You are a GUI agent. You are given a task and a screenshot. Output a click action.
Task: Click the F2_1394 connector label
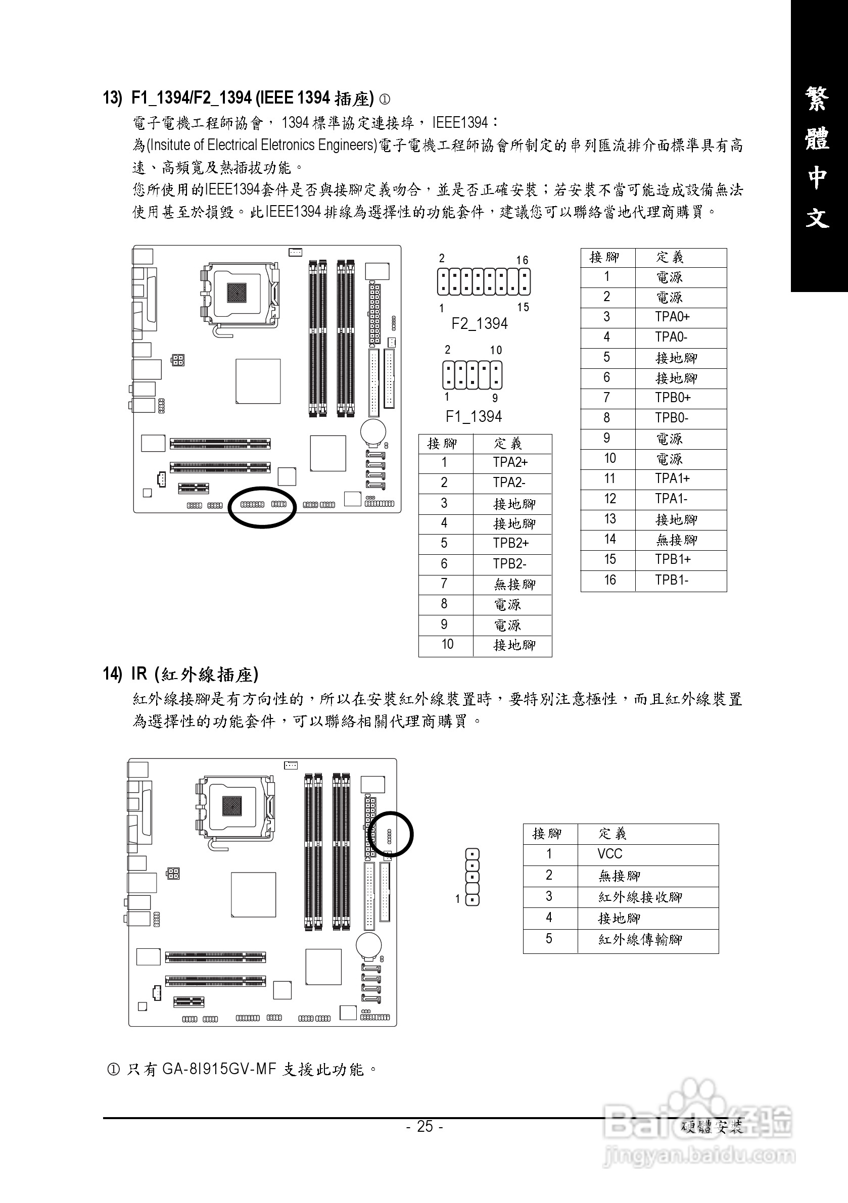480,324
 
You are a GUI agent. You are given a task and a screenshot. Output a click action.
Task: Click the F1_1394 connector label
473,416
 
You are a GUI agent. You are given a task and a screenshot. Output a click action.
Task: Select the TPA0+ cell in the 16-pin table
672,317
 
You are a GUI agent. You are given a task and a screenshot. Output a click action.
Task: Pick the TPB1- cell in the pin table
672,580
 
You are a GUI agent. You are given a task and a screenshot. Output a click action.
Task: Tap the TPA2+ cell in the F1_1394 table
510,462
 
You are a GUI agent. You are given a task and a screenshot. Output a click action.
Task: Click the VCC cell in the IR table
609,854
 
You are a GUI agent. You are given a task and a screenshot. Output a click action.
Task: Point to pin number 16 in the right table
609,580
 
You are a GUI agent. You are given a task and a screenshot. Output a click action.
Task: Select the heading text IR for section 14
139,674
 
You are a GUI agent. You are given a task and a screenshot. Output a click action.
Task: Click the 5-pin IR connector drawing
472,877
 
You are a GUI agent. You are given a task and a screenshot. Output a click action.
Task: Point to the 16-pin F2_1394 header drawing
484,282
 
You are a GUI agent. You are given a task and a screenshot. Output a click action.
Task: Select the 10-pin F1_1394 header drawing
472,375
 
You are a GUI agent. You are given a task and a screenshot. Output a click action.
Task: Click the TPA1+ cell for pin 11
672,479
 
